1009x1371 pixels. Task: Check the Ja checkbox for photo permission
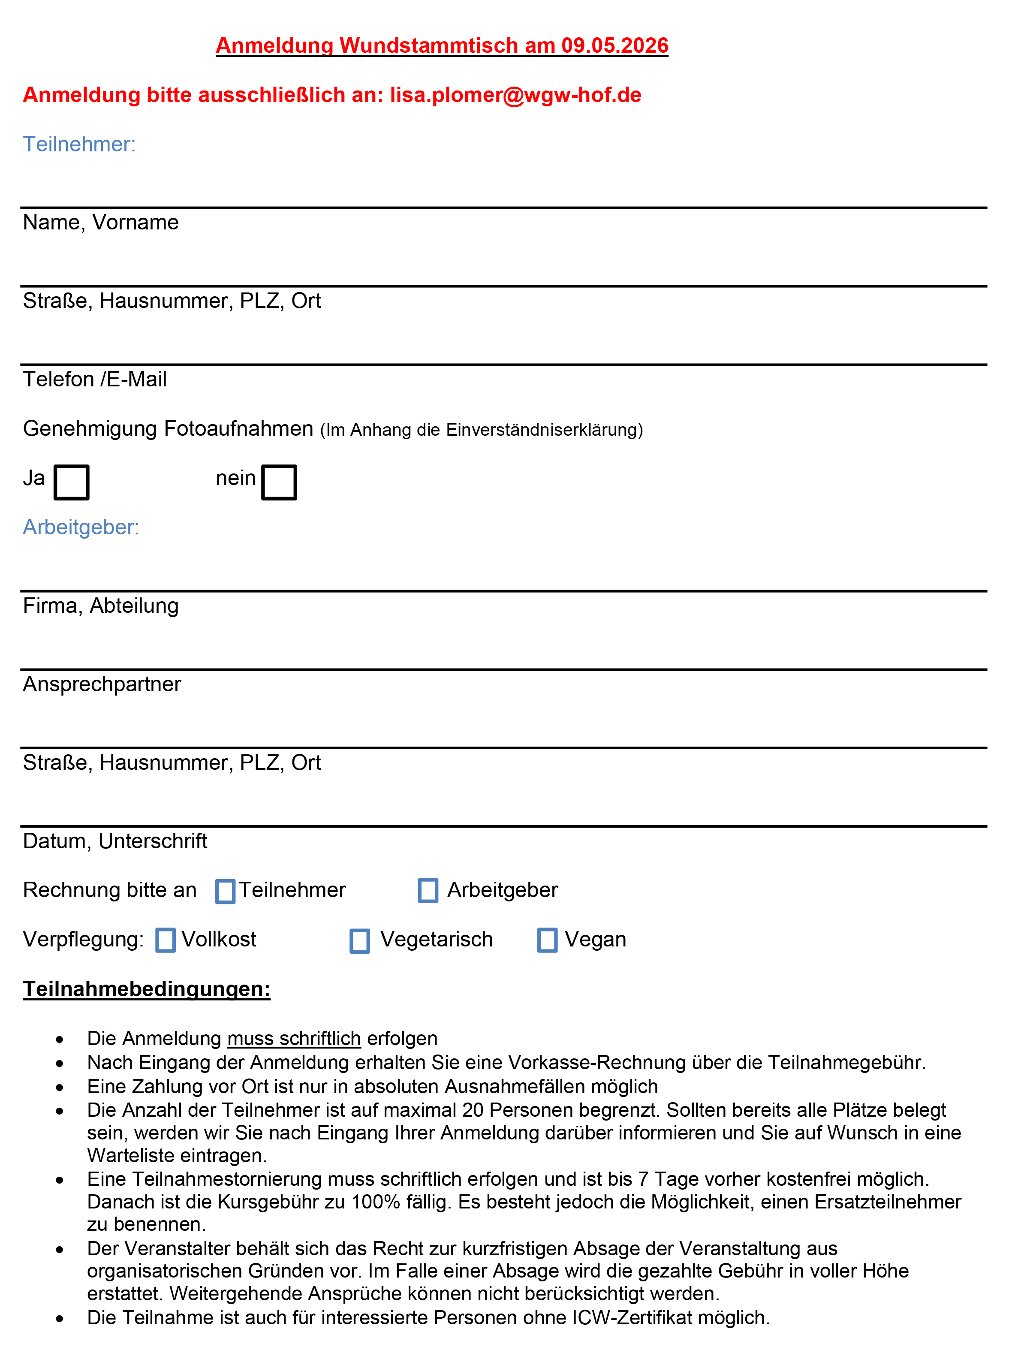(x=72, y=482)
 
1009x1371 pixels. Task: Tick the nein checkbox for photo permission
(x=279, y=482)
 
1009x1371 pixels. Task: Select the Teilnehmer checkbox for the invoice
(x=226, y=891)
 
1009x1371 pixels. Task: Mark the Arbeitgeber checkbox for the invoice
(x=428, y=890)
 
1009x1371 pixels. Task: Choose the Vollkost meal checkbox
(x=166, y=940)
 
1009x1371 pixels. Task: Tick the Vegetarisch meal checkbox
(x=360, y=940)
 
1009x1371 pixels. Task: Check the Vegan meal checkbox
(x=547, y=940)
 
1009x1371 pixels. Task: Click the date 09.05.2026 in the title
(x=614, y=46)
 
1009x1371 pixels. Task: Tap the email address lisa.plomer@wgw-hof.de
(x=515, y=95)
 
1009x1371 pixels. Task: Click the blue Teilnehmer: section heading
(x=79, y=145)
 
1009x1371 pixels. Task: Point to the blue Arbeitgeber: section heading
(x=81, y=527)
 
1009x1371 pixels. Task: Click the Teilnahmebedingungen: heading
(x=147, y=989)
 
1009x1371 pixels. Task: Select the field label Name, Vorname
(x=101, y=222)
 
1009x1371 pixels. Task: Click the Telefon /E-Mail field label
(x=95, y=379)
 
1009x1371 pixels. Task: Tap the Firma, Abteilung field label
(x=101, y=606)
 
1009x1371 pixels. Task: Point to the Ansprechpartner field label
(x=102, y=684)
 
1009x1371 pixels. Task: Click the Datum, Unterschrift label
(x=115, y=841)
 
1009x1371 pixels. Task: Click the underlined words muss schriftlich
(x=294, y=1038)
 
